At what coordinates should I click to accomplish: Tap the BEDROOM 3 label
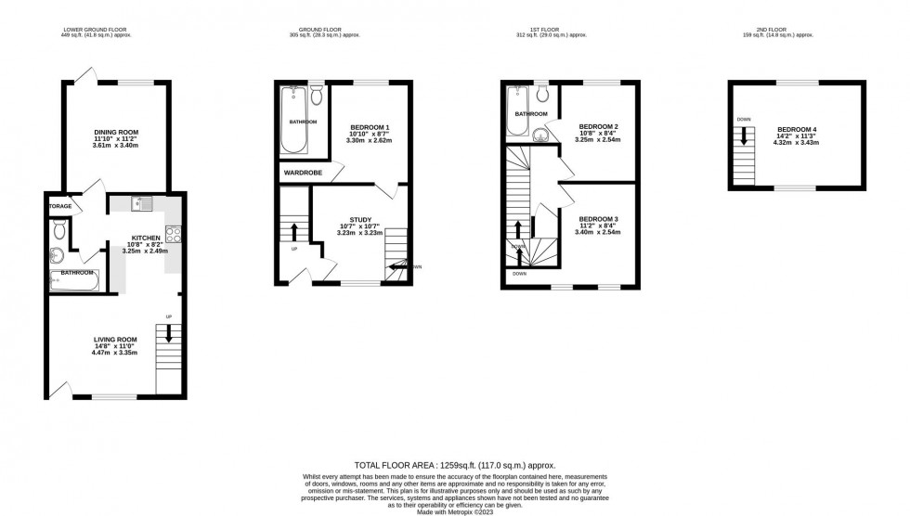[x=598, y=219]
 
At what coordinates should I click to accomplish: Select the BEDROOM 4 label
[x=797, y=129]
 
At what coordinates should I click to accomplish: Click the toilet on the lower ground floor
[x=60, y=228]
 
